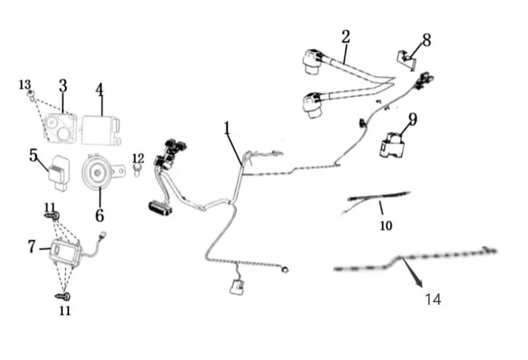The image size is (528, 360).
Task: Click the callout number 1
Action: (x=227, y=127)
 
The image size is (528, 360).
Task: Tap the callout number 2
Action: (x=345, y=36)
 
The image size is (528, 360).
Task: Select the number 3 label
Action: (x=63, y=86)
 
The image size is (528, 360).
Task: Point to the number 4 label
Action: (x=100, y=89)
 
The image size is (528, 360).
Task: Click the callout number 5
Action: (x=34, y=154)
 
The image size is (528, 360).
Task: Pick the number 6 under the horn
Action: (x=100, y=215)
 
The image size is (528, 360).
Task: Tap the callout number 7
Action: (x=30, y=246)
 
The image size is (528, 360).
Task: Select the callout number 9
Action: (x=412, y=119)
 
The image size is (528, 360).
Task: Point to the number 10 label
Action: (x=386, y=225)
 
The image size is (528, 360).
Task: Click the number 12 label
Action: (x=137, y=158)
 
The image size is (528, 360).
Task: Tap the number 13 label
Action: (x=25, y=84)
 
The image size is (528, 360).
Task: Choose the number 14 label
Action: (x=433, y=299)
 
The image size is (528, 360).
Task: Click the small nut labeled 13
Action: (x=30, y=95)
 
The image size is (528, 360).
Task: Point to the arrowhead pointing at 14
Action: (x=419, y=285)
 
